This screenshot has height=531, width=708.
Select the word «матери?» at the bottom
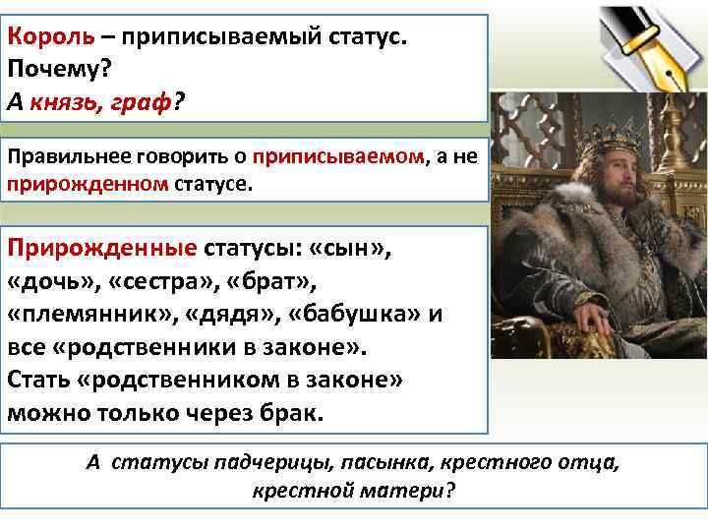click(414, 491)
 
